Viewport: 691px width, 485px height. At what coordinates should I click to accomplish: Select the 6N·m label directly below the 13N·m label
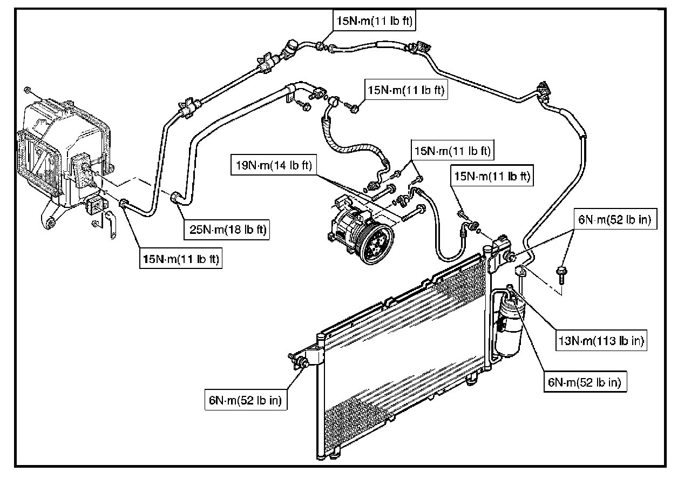click(x=584, y=382)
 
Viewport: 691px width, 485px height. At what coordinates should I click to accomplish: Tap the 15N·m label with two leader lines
click(x=451, y=151)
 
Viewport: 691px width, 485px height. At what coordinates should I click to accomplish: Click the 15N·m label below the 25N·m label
click(x=180, y=259)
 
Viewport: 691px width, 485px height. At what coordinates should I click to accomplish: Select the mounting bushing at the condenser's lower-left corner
click(x=303, y=362)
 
